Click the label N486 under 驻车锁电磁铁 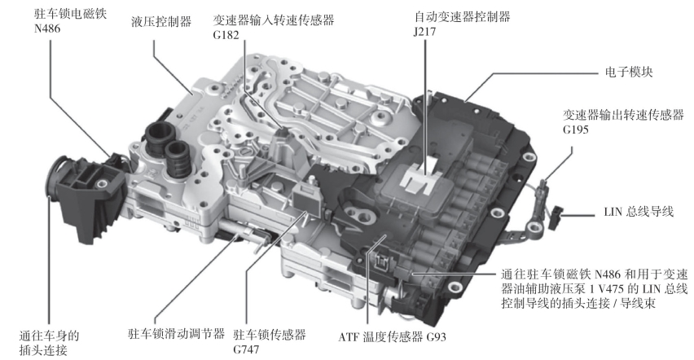[x=47, y=29]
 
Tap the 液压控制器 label [x=161, y=21]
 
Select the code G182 [x=226, y=34]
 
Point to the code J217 [x=425, y=32]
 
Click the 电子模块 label [x=629, y=72]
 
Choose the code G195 [x=576, y=130]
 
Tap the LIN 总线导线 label [x=639, y=211]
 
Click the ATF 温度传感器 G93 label [x=392, y=337]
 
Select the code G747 [x=246, y=349]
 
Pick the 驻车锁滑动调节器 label [x=176, y=333]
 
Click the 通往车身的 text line [x=49, y=336]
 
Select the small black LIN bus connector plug [x=556, y=217]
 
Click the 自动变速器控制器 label [x=462, y=17]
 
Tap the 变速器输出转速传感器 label [x=624, y=115]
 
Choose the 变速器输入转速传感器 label [x=274, y=20]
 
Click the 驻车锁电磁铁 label [x=71, y=14]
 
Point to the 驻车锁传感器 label [x=270, y=334]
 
